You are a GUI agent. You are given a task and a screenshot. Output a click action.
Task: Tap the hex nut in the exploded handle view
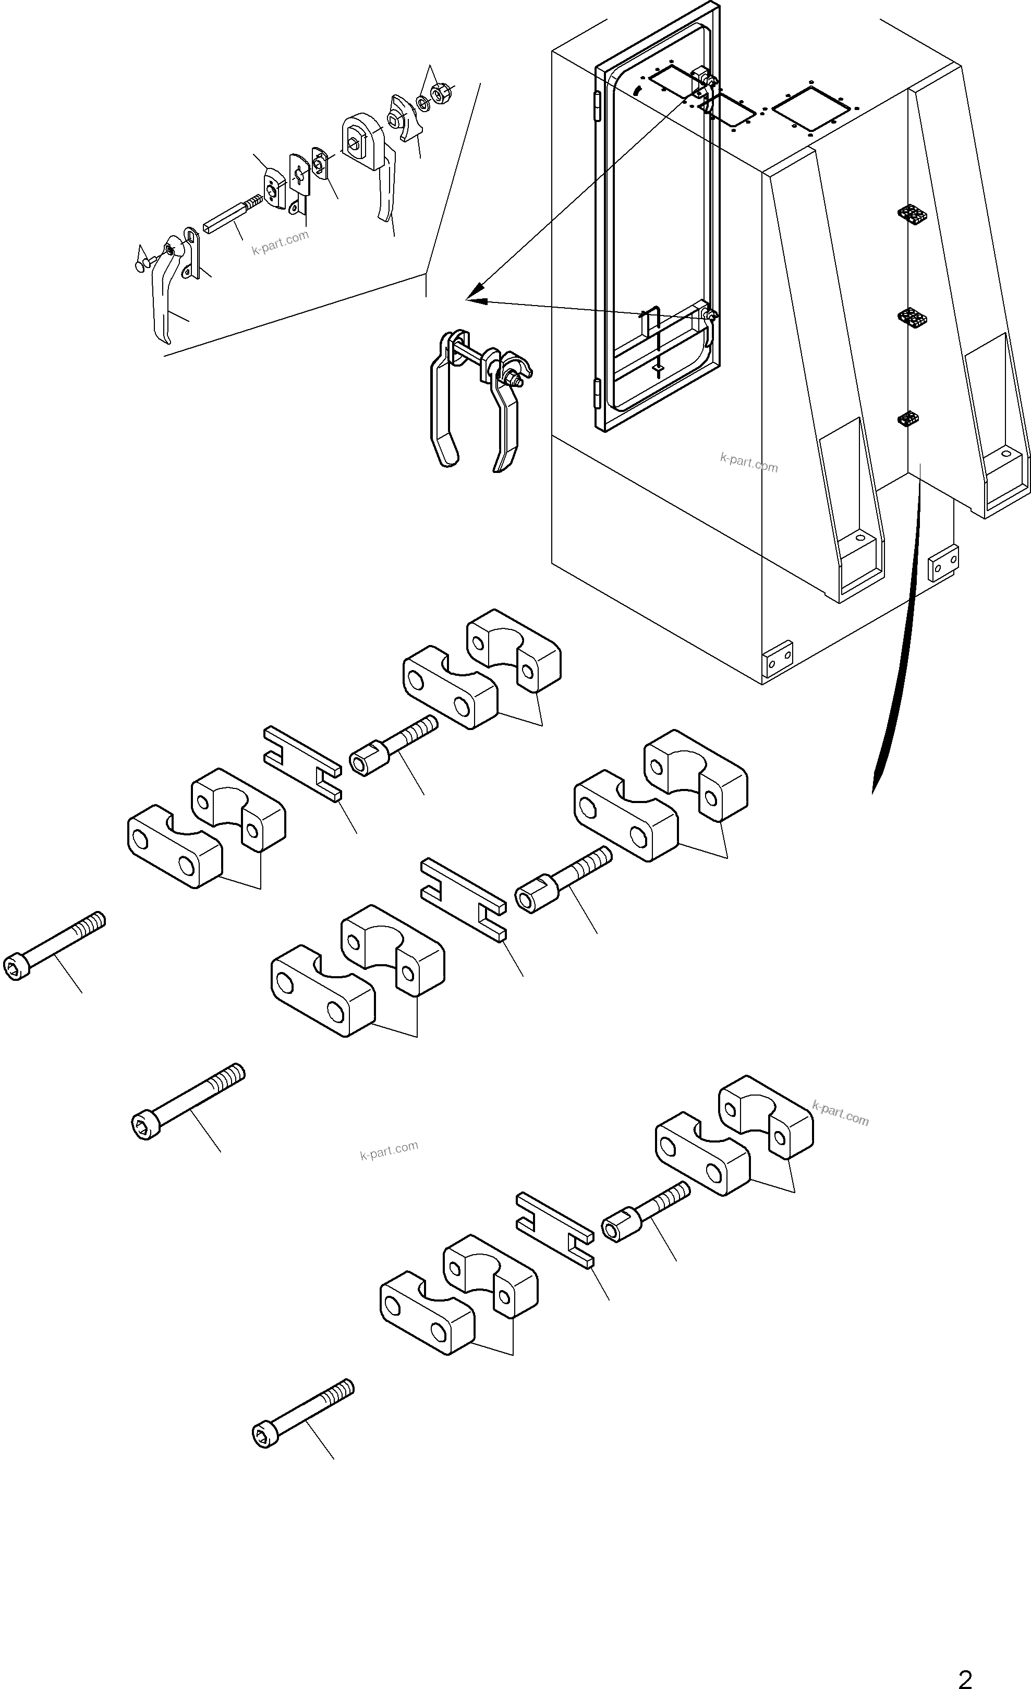coord(438,92)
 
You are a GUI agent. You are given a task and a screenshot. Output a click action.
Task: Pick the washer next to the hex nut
coord(423,103)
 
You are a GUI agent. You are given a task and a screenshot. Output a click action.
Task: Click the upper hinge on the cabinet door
coord(597,107)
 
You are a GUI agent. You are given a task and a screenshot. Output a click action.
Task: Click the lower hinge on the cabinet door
coord(597,393)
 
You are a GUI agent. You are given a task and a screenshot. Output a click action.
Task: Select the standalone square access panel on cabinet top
coord(810,109)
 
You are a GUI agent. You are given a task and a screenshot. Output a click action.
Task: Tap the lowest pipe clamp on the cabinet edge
coord(907,419)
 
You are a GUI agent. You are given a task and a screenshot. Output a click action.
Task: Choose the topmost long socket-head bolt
coord(55,946)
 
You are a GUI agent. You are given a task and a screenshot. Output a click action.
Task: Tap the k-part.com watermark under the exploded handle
coord(280,242)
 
